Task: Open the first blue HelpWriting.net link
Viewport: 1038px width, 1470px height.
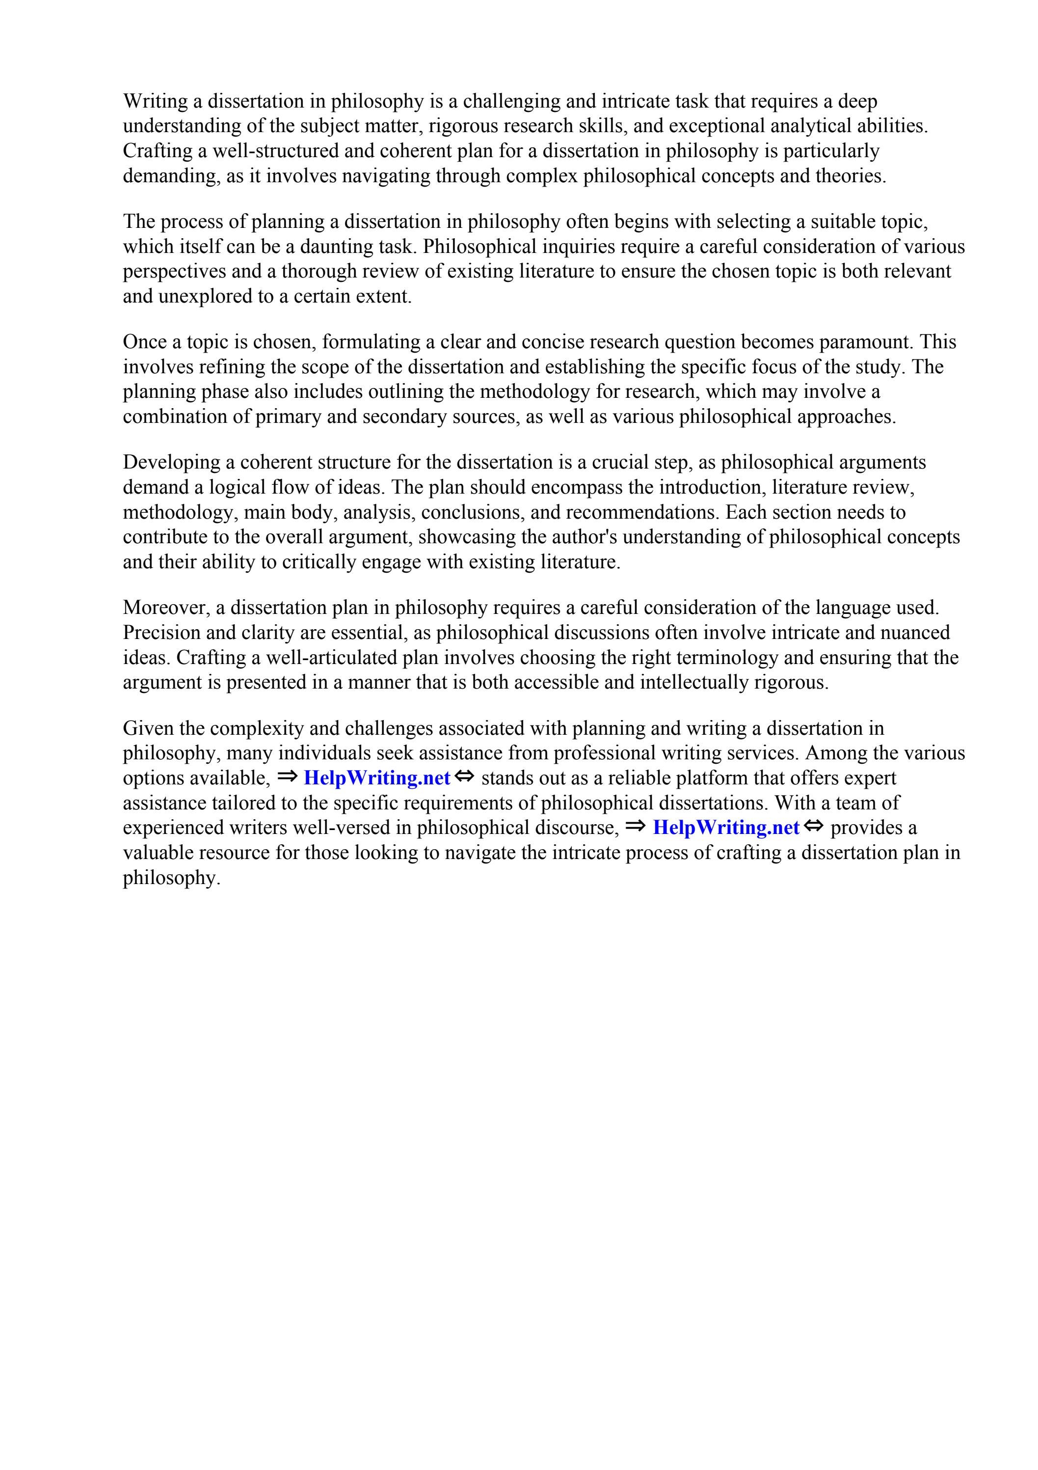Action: pos(377,778)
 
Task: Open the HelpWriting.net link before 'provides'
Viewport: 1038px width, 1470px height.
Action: pos(726,828)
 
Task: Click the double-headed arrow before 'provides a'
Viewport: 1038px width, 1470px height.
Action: pos(813,827)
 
